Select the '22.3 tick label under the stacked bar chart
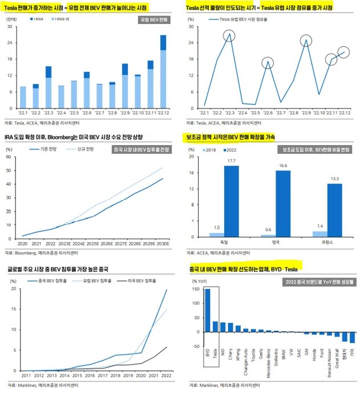click(x=48, y=113)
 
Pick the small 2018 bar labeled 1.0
click(x=217, y=234)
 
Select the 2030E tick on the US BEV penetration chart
click(x=163, y=243)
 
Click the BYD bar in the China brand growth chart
click(x=207, y=317)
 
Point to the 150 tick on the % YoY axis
click(x=196, y=290)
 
